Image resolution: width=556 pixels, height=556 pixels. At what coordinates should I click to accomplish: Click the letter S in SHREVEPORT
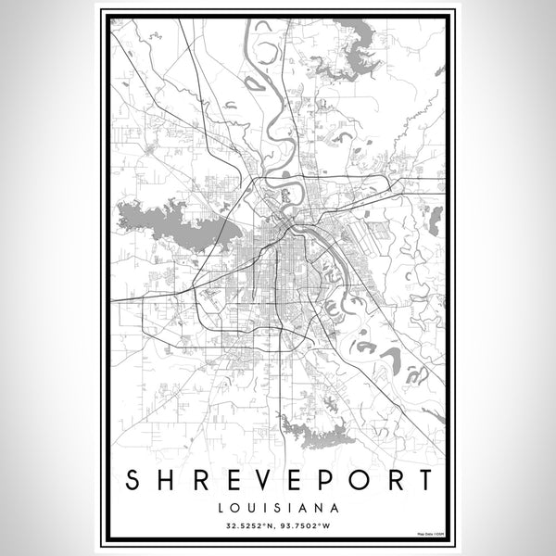coord(132,481)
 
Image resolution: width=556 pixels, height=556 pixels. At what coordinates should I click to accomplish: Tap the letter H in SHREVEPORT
coord(169,481)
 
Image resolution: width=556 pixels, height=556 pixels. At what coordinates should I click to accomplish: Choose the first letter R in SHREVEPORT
coord(204,481)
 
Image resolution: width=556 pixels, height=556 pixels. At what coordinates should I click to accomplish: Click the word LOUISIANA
coord(278,508)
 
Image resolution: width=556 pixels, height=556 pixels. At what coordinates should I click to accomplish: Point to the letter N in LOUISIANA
coord(317,508)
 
